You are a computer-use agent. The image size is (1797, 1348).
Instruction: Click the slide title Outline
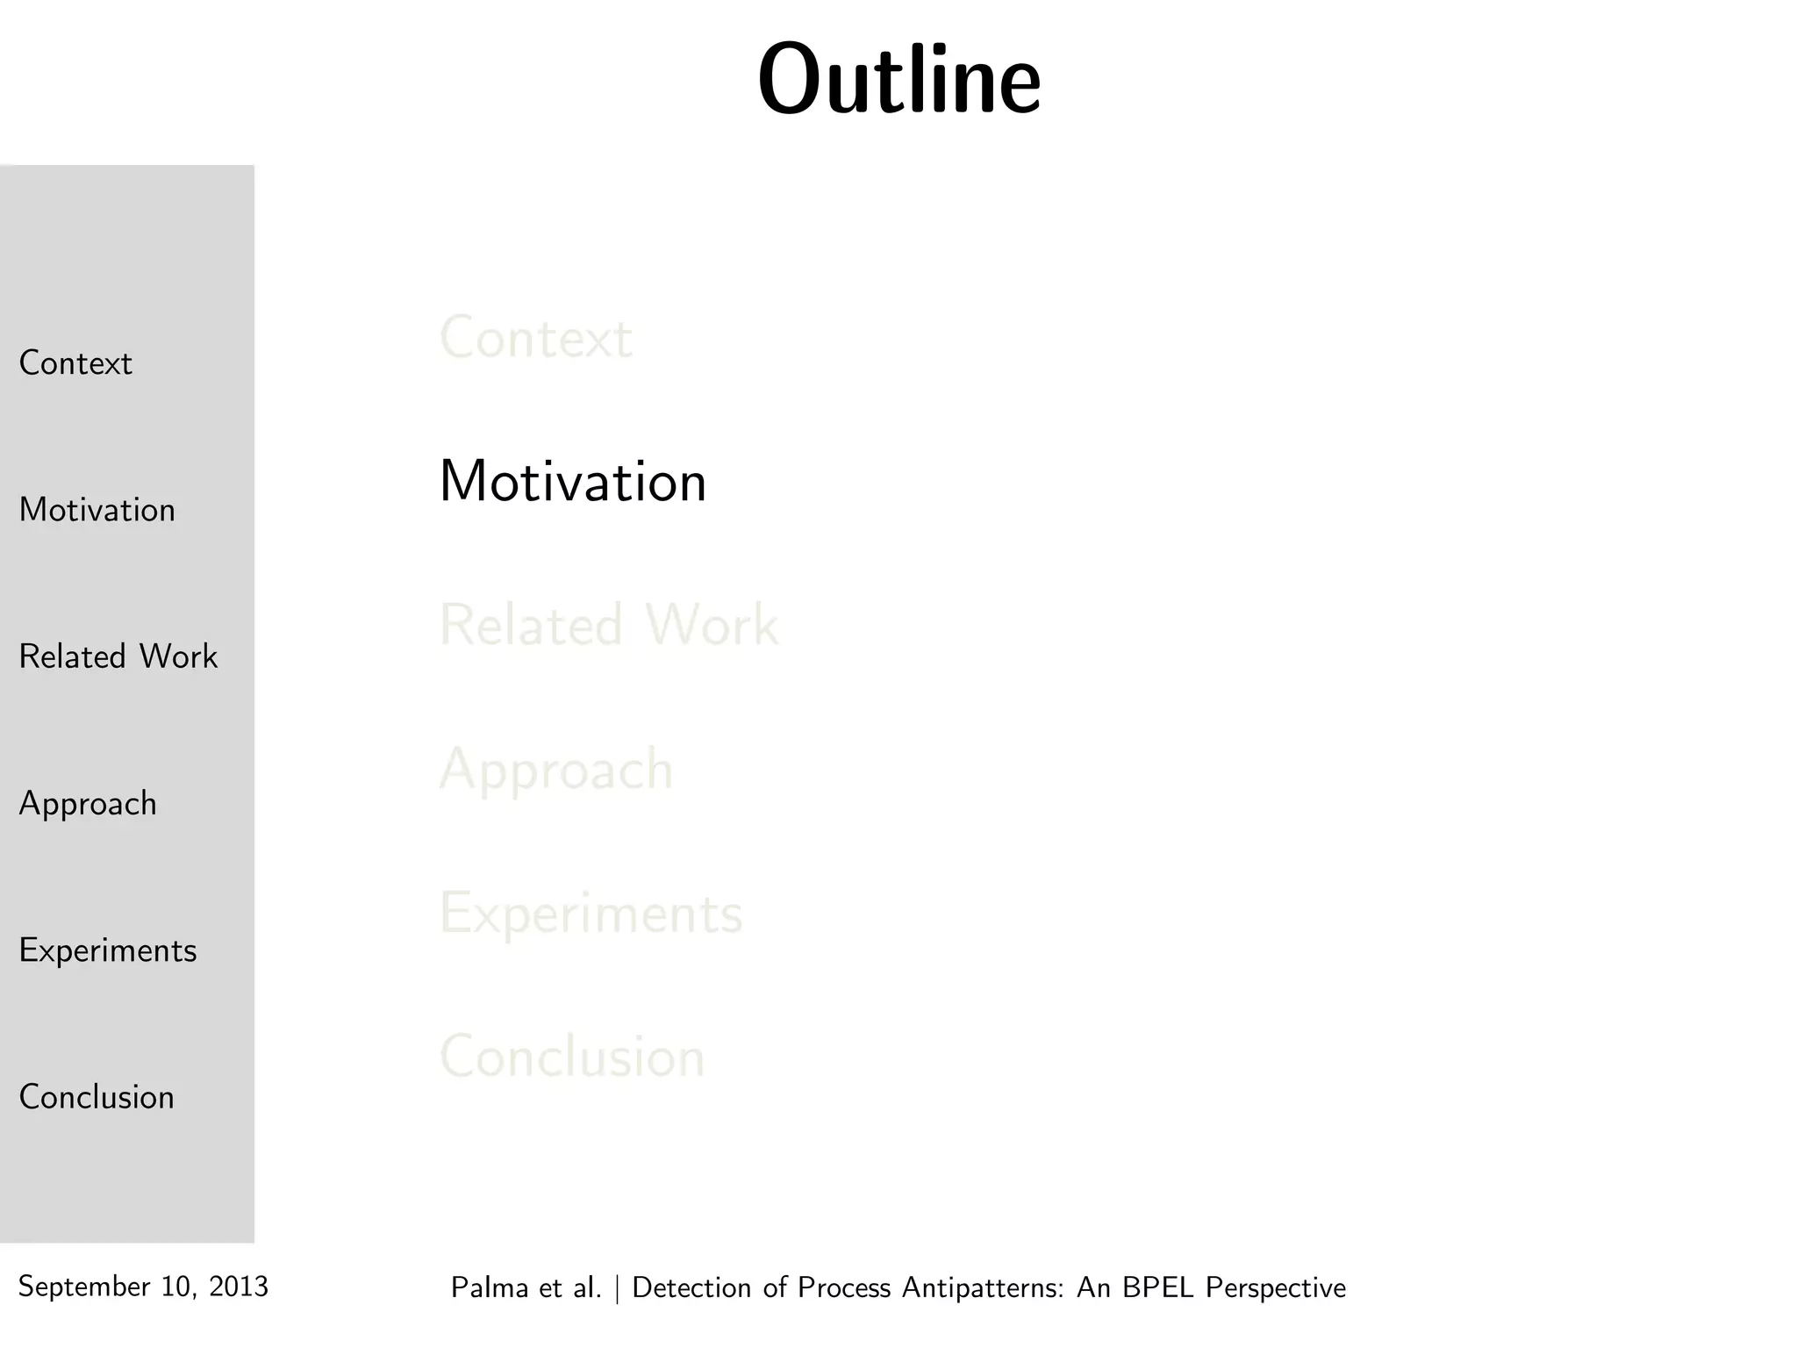899,81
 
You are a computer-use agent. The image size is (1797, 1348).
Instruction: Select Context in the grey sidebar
75,363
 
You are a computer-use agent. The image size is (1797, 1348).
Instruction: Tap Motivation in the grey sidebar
97,510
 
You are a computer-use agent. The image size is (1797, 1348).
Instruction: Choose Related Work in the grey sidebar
118,656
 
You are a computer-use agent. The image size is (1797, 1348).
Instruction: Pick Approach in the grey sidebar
88,804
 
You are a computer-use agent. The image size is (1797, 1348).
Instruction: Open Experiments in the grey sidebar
108,950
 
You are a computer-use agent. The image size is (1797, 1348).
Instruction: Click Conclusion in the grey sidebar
97,1097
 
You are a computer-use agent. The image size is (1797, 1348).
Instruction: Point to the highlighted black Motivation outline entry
572,482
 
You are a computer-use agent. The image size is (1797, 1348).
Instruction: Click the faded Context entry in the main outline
535,338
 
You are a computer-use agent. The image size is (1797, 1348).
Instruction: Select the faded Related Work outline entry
608,626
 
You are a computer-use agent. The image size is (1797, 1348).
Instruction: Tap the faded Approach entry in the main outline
556,771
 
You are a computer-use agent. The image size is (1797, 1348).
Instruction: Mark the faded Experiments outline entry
591,914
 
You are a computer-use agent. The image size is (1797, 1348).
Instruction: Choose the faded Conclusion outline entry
572,1057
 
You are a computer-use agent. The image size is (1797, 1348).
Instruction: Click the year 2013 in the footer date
239,1287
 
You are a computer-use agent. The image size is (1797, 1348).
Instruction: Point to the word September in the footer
84,1287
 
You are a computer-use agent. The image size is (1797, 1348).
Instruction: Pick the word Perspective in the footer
1276,1288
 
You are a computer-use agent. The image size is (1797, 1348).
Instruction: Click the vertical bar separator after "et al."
618,1287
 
